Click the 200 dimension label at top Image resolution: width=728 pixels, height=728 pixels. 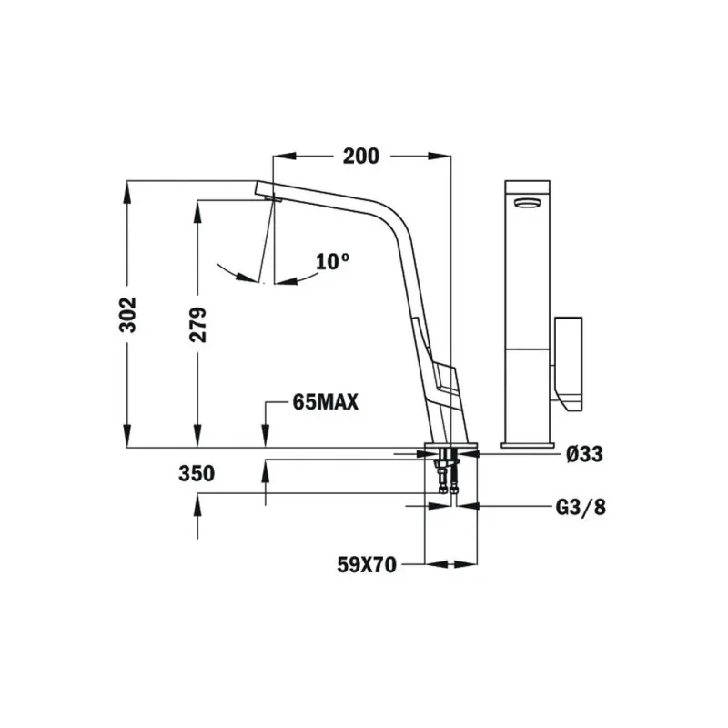coord(360,157)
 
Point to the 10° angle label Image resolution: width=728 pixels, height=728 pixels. coord(333,262)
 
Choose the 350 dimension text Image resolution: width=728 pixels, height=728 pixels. coord(197,473)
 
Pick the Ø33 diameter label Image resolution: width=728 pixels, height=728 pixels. coord(583,454)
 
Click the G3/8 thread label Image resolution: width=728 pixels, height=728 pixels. coord(580,507)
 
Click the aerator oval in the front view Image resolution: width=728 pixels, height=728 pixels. coord(527,204)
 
